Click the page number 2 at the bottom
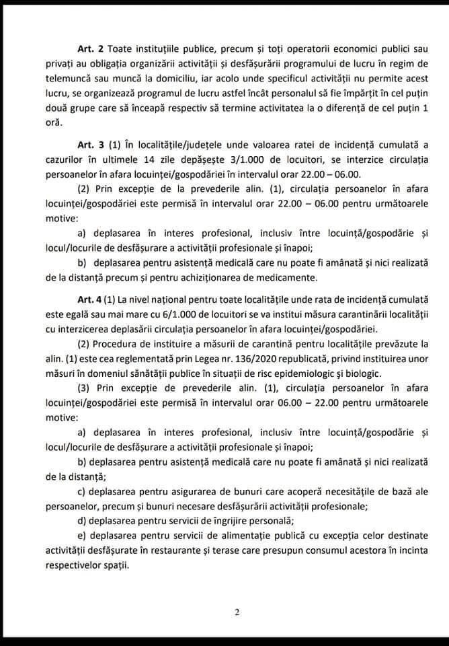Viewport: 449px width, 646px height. [x=237, y=612]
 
